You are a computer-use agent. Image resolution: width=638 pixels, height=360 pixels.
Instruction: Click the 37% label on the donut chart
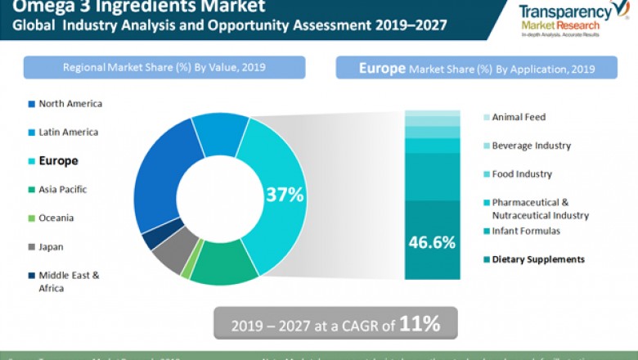pos(284,195)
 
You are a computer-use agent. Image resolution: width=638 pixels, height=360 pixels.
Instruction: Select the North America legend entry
pos(70,104)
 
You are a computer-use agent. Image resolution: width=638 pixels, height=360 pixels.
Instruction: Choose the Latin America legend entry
pos(68,133)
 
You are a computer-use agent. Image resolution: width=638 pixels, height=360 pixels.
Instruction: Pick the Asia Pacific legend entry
pos(62,190)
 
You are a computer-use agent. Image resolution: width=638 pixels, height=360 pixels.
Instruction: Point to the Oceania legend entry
pos(56,218)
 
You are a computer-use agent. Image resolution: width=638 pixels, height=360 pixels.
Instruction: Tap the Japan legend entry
pos(51,246)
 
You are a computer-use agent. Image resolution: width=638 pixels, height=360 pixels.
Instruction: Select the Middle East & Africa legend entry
pos(68,281)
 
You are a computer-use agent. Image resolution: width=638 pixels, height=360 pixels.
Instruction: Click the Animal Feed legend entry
pos(518,117)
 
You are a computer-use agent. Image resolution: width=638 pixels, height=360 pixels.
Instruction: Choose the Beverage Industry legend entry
pos(531,146)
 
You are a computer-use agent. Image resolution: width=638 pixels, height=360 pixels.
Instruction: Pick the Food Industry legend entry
pos(522,174)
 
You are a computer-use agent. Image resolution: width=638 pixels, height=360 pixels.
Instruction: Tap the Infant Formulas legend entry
pos(527,232)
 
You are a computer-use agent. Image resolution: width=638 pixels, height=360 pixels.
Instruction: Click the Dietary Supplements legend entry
pos(537,260)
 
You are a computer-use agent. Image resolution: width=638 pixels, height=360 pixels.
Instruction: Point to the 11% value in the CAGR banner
pos(420,323)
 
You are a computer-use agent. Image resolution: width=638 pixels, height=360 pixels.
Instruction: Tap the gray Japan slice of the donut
pos(173,254)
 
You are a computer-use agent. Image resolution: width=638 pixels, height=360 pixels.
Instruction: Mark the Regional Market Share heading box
pos(164,68)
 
